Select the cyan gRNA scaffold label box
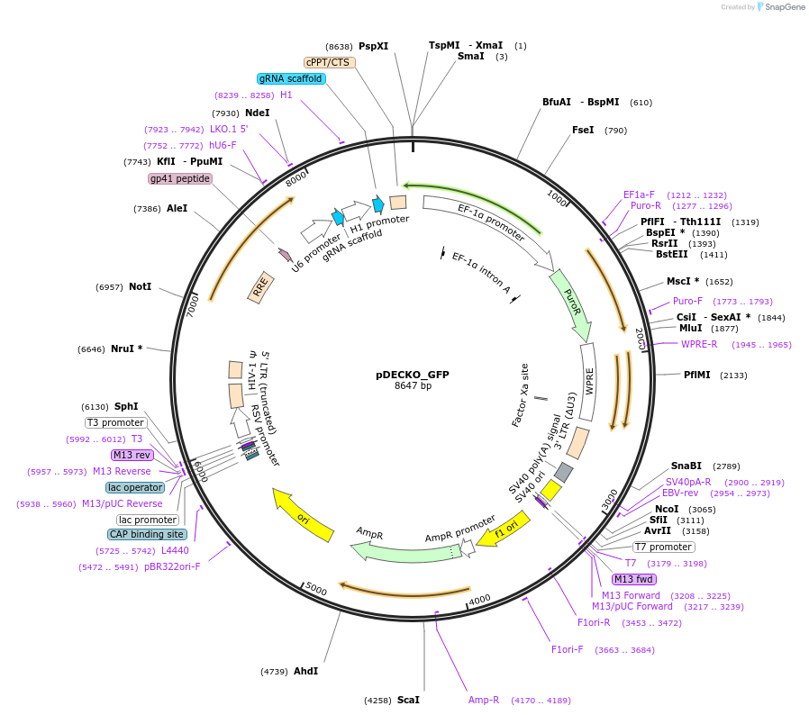click(x=291, y=78)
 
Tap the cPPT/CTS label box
click(x=328, y=62)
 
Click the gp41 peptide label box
click(x=180, y=178)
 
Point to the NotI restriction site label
click(x=140, y=287)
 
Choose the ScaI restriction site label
click(x=408, y=700)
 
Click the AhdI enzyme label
click(x=305, y=671)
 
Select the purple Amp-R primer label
click(x=484, y=700)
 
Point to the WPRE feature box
click(x=589, y=382)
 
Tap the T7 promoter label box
click(x=663, y=547)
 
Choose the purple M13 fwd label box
click(x=633, y=579)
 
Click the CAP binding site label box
click(x=147, y=534)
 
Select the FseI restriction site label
click(x=583, y=130)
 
